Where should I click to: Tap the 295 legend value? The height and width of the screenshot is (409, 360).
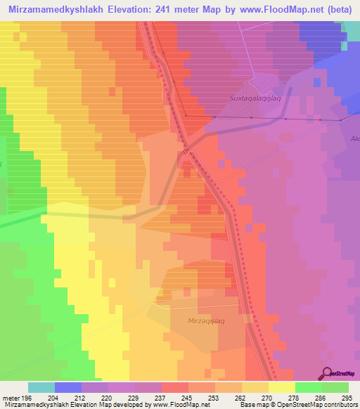pyautogui.click(x=347, y=397)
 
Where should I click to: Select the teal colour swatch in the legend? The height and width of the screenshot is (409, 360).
pyautogui.click(x=41, y=387)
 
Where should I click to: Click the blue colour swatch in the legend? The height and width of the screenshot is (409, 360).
pyautogui.click(x=67, y=387)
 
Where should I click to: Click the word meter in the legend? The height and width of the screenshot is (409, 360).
pyautogui.click(x=11, y=397)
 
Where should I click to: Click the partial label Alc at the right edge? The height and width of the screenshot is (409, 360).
pyautogui.click(x=354, y=138)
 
